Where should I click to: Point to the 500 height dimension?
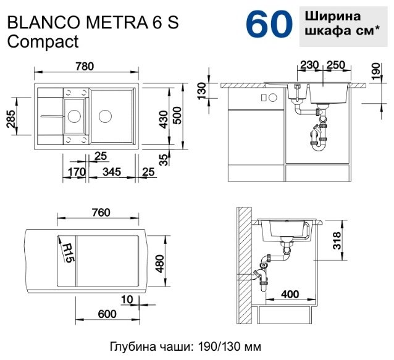tap(178, 115)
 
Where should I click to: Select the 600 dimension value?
tap(107, 314)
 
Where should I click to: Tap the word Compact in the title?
tap(43, 41)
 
